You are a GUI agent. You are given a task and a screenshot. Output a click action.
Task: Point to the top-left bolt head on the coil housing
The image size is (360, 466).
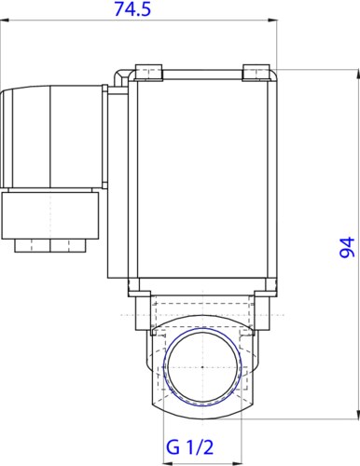click(x=148, y=71)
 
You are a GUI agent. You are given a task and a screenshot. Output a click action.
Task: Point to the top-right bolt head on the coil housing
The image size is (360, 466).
click(x=255, y=71)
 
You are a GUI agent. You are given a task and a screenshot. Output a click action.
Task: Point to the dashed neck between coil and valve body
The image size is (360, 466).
click(x=203, y=308)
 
